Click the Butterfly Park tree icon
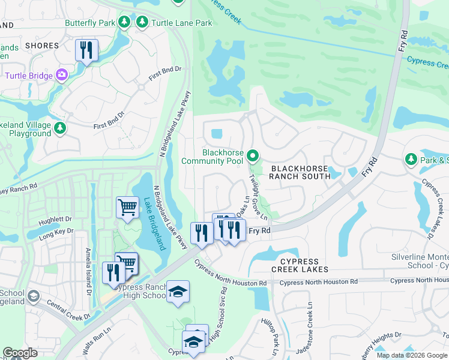(124, 23)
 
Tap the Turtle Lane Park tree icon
(142, 23)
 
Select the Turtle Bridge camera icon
(61, 75)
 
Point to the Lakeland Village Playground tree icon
(59, 128)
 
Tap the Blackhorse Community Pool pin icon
(253, 156)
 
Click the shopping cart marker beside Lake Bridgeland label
(127, 208)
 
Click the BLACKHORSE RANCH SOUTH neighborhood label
(300, 172)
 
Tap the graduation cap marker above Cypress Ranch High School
(178, 292)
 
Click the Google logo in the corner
(20, 353)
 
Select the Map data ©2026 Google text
(412, 356)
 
